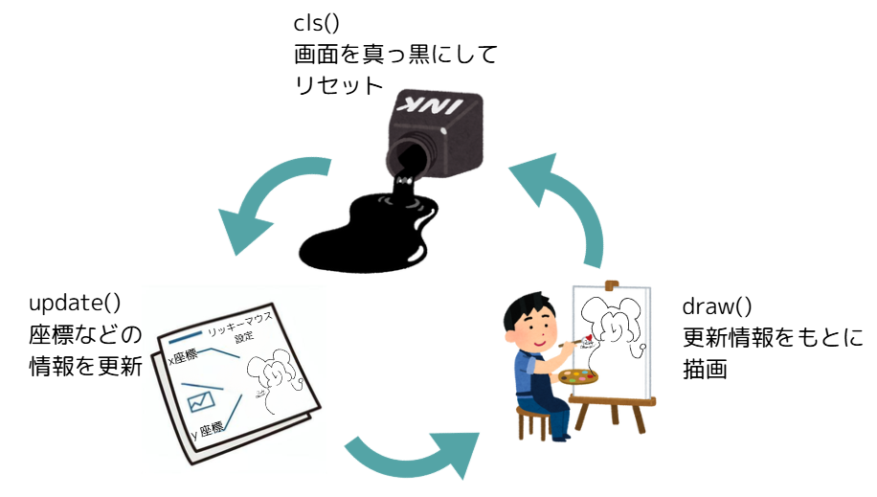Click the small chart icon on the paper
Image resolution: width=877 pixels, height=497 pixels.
click(202, 396)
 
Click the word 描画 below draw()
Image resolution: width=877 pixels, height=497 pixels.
click(705, 369)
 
